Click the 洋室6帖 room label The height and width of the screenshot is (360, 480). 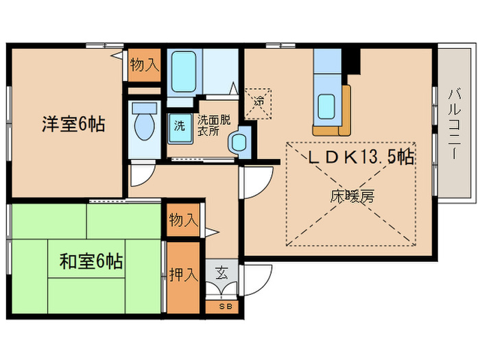point(73,125)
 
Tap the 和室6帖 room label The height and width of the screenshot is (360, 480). point(91,261)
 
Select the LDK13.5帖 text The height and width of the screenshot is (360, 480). point(359,157)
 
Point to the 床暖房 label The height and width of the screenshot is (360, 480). point(352,197)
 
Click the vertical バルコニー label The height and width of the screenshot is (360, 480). point(454,124)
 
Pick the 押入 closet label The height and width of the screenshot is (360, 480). point(183,275)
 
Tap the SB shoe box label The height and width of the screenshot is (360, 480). point(224,307)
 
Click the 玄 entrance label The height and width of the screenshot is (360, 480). point(223,272)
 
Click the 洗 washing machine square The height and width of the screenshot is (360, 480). point(180,126)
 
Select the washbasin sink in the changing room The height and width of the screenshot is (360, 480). point(239,142)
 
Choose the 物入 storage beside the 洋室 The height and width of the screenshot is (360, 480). point(145,66)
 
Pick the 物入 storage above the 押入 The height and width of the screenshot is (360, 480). point(183,221)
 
